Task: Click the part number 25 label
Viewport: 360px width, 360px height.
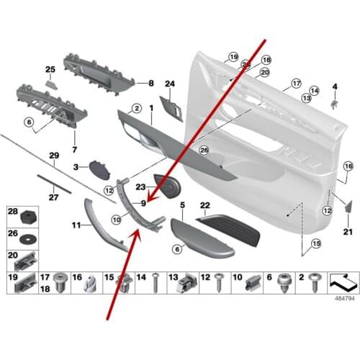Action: [x=50, y=69]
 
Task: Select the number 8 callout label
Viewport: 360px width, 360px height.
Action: [x=150, y=84]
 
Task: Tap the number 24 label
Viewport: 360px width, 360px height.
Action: [x=170, y=84]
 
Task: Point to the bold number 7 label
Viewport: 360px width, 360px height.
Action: [x=73, y=149]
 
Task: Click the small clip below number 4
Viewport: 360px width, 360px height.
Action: [x=335, y=103]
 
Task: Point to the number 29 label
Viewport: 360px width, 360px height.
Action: [x=53, y=156]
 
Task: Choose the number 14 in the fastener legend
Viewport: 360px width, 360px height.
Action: [x=141, y=277]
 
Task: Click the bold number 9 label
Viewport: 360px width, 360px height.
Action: [x=144, y=203]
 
